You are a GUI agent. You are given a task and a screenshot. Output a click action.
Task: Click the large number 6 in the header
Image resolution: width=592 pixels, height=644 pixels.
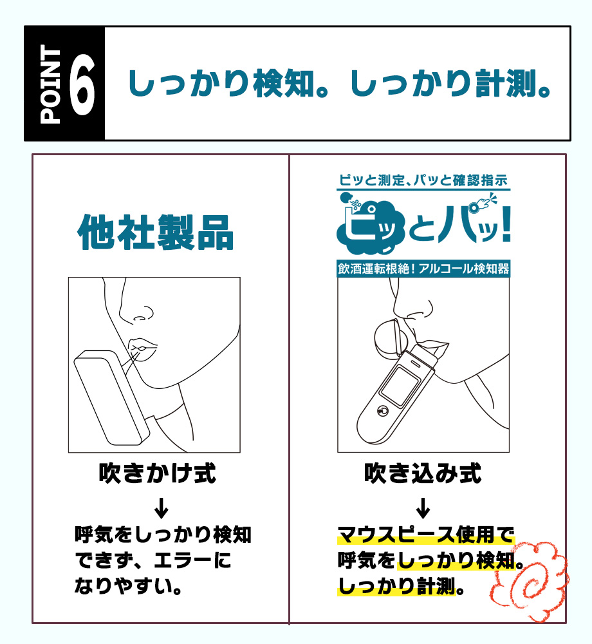click(x=82, y=84)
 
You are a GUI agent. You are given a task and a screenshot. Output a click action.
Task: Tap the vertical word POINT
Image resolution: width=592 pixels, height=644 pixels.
click(x=51, y=84)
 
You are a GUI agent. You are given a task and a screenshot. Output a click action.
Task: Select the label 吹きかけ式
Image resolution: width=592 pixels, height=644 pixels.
click(x=157, y=474)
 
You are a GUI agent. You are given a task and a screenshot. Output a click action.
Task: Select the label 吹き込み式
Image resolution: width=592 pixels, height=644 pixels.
click(x=423, y=474)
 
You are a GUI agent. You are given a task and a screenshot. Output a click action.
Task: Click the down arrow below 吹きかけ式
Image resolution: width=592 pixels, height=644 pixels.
click(x=162, y=507)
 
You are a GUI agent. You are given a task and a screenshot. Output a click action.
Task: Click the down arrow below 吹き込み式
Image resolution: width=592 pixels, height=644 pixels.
click(x=423, y=507)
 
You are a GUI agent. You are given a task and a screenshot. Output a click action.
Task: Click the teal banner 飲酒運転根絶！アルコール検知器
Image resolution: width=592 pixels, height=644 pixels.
click(x=423, y=269)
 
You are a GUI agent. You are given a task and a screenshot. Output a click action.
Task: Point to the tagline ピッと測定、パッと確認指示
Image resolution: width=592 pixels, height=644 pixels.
click(x=423, y=180)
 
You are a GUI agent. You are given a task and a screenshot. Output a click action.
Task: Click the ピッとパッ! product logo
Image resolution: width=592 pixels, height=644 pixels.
click(x=423, y=225)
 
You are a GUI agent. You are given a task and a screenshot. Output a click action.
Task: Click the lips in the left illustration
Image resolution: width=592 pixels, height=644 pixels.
click(x=140, y=348)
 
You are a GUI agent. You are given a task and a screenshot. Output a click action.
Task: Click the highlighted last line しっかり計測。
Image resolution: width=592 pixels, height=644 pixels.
click(x=396, y=587)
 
